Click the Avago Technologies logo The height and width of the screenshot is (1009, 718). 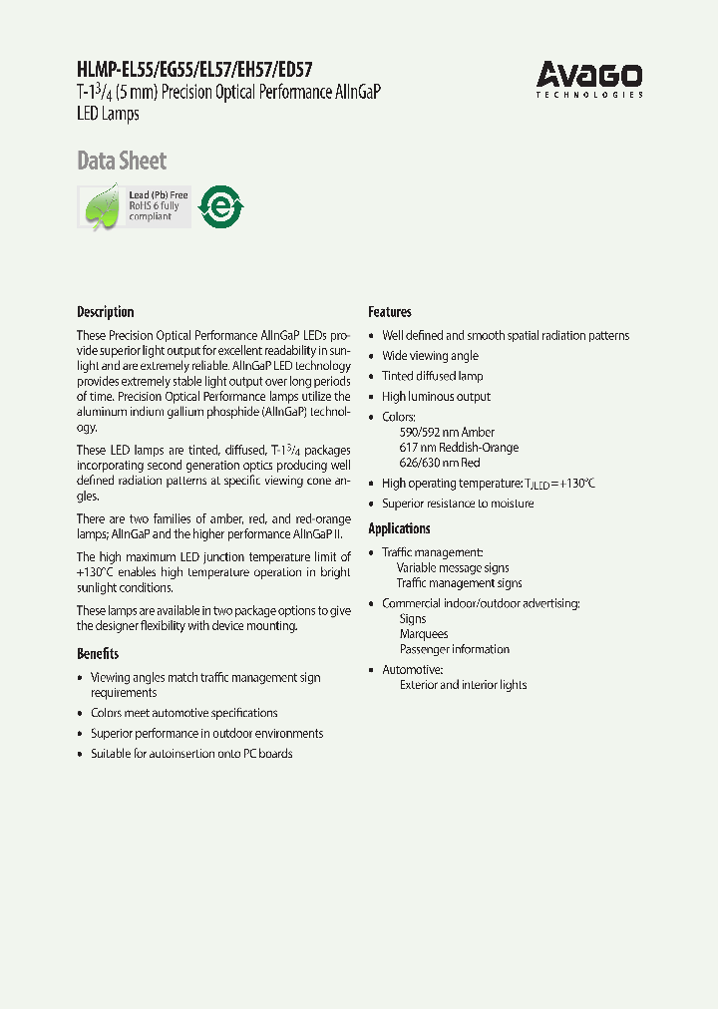588,79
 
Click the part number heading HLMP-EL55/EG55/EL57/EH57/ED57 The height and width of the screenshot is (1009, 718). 194,70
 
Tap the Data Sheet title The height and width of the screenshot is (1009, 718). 122,161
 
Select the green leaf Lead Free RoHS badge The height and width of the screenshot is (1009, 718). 134,206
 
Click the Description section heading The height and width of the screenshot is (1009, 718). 105,312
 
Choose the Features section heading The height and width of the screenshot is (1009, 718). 390,312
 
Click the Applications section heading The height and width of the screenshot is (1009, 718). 399,528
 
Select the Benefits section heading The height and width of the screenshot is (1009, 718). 98,654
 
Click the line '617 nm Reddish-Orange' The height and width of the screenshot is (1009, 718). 458,448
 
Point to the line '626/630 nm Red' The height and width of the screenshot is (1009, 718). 439,463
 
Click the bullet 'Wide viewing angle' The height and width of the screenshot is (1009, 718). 430,356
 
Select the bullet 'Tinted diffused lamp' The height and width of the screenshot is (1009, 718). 432,376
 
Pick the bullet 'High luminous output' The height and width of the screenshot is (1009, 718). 436,397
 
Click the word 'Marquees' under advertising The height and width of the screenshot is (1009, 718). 424,634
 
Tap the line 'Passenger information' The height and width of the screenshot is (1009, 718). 455,649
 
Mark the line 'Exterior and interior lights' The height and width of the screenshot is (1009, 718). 463,685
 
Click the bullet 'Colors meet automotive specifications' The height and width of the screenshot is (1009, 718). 183,713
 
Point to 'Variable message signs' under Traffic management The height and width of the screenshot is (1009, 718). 453,568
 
